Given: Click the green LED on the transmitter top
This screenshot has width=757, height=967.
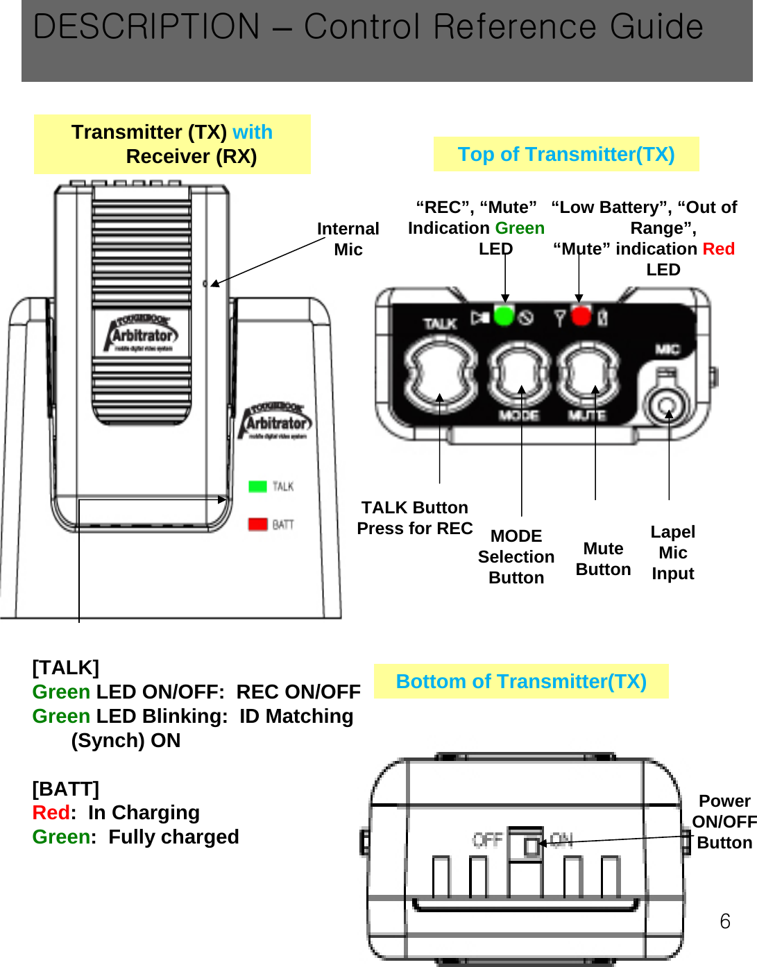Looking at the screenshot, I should [504, 316].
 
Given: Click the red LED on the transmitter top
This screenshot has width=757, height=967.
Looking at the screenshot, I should [581, 316].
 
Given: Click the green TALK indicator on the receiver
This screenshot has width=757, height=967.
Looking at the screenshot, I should [257, 486].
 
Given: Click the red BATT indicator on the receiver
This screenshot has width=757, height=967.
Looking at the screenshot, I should [257, 524].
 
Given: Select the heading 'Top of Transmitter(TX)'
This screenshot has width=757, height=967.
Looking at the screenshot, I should [565, 154].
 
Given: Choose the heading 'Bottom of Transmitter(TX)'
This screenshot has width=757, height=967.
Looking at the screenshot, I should [520, 681].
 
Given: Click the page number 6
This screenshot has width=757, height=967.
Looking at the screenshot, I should [724, 921].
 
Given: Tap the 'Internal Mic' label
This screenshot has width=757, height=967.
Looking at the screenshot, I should [348, 239].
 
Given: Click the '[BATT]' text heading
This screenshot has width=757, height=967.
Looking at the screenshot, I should [66, 789].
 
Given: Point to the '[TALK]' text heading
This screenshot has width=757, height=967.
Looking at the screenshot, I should [66, 667].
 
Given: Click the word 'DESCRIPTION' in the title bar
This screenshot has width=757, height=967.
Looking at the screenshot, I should [146, 28].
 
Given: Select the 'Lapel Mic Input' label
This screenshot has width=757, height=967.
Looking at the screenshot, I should [672, 552].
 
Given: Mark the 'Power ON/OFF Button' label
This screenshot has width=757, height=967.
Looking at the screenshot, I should [724, 821].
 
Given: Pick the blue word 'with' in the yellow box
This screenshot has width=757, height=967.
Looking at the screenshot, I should [253, 132].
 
